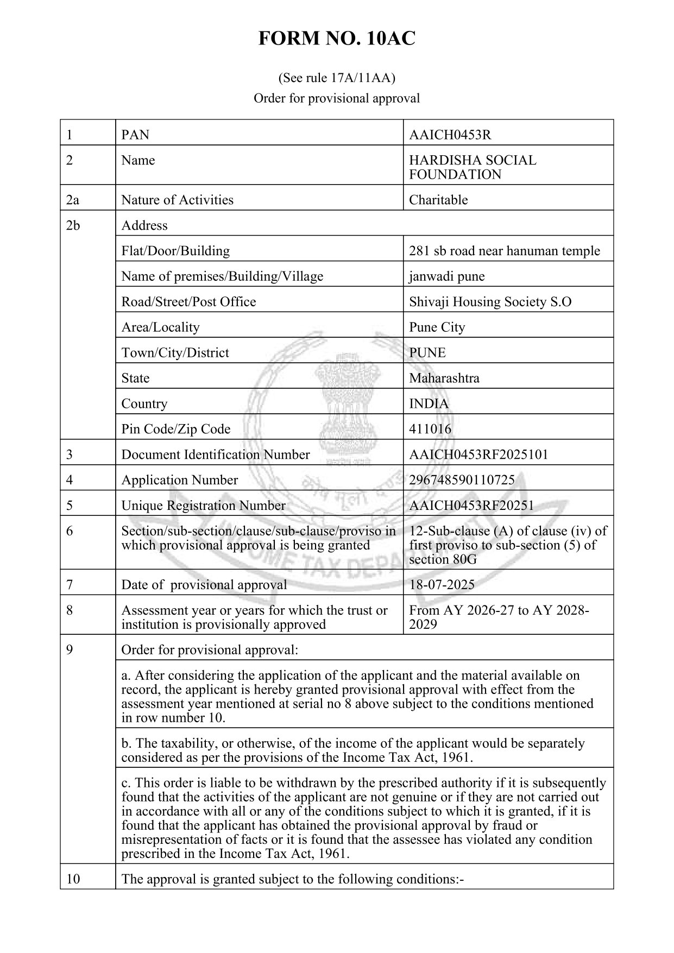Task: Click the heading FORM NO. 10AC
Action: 337,39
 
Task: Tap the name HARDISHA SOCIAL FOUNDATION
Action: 472,167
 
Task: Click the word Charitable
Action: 438,200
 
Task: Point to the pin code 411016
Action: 430,429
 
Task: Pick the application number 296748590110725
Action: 462,480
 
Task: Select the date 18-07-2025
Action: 442,585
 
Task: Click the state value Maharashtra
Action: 444,378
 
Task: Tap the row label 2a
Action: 72,200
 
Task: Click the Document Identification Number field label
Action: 216,455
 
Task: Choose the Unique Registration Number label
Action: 203,506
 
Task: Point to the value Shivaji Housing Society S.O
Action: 490,301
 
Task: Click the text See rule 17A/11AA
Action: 337,78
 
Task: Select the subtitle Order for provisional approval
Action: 337,98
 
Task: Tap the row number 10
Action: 73,879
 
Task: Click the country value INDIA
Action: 429,403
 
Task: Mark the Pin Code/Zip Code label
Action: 176,429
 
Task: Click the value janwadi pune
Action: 447,276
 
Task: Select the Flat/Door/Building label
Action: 175,251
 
